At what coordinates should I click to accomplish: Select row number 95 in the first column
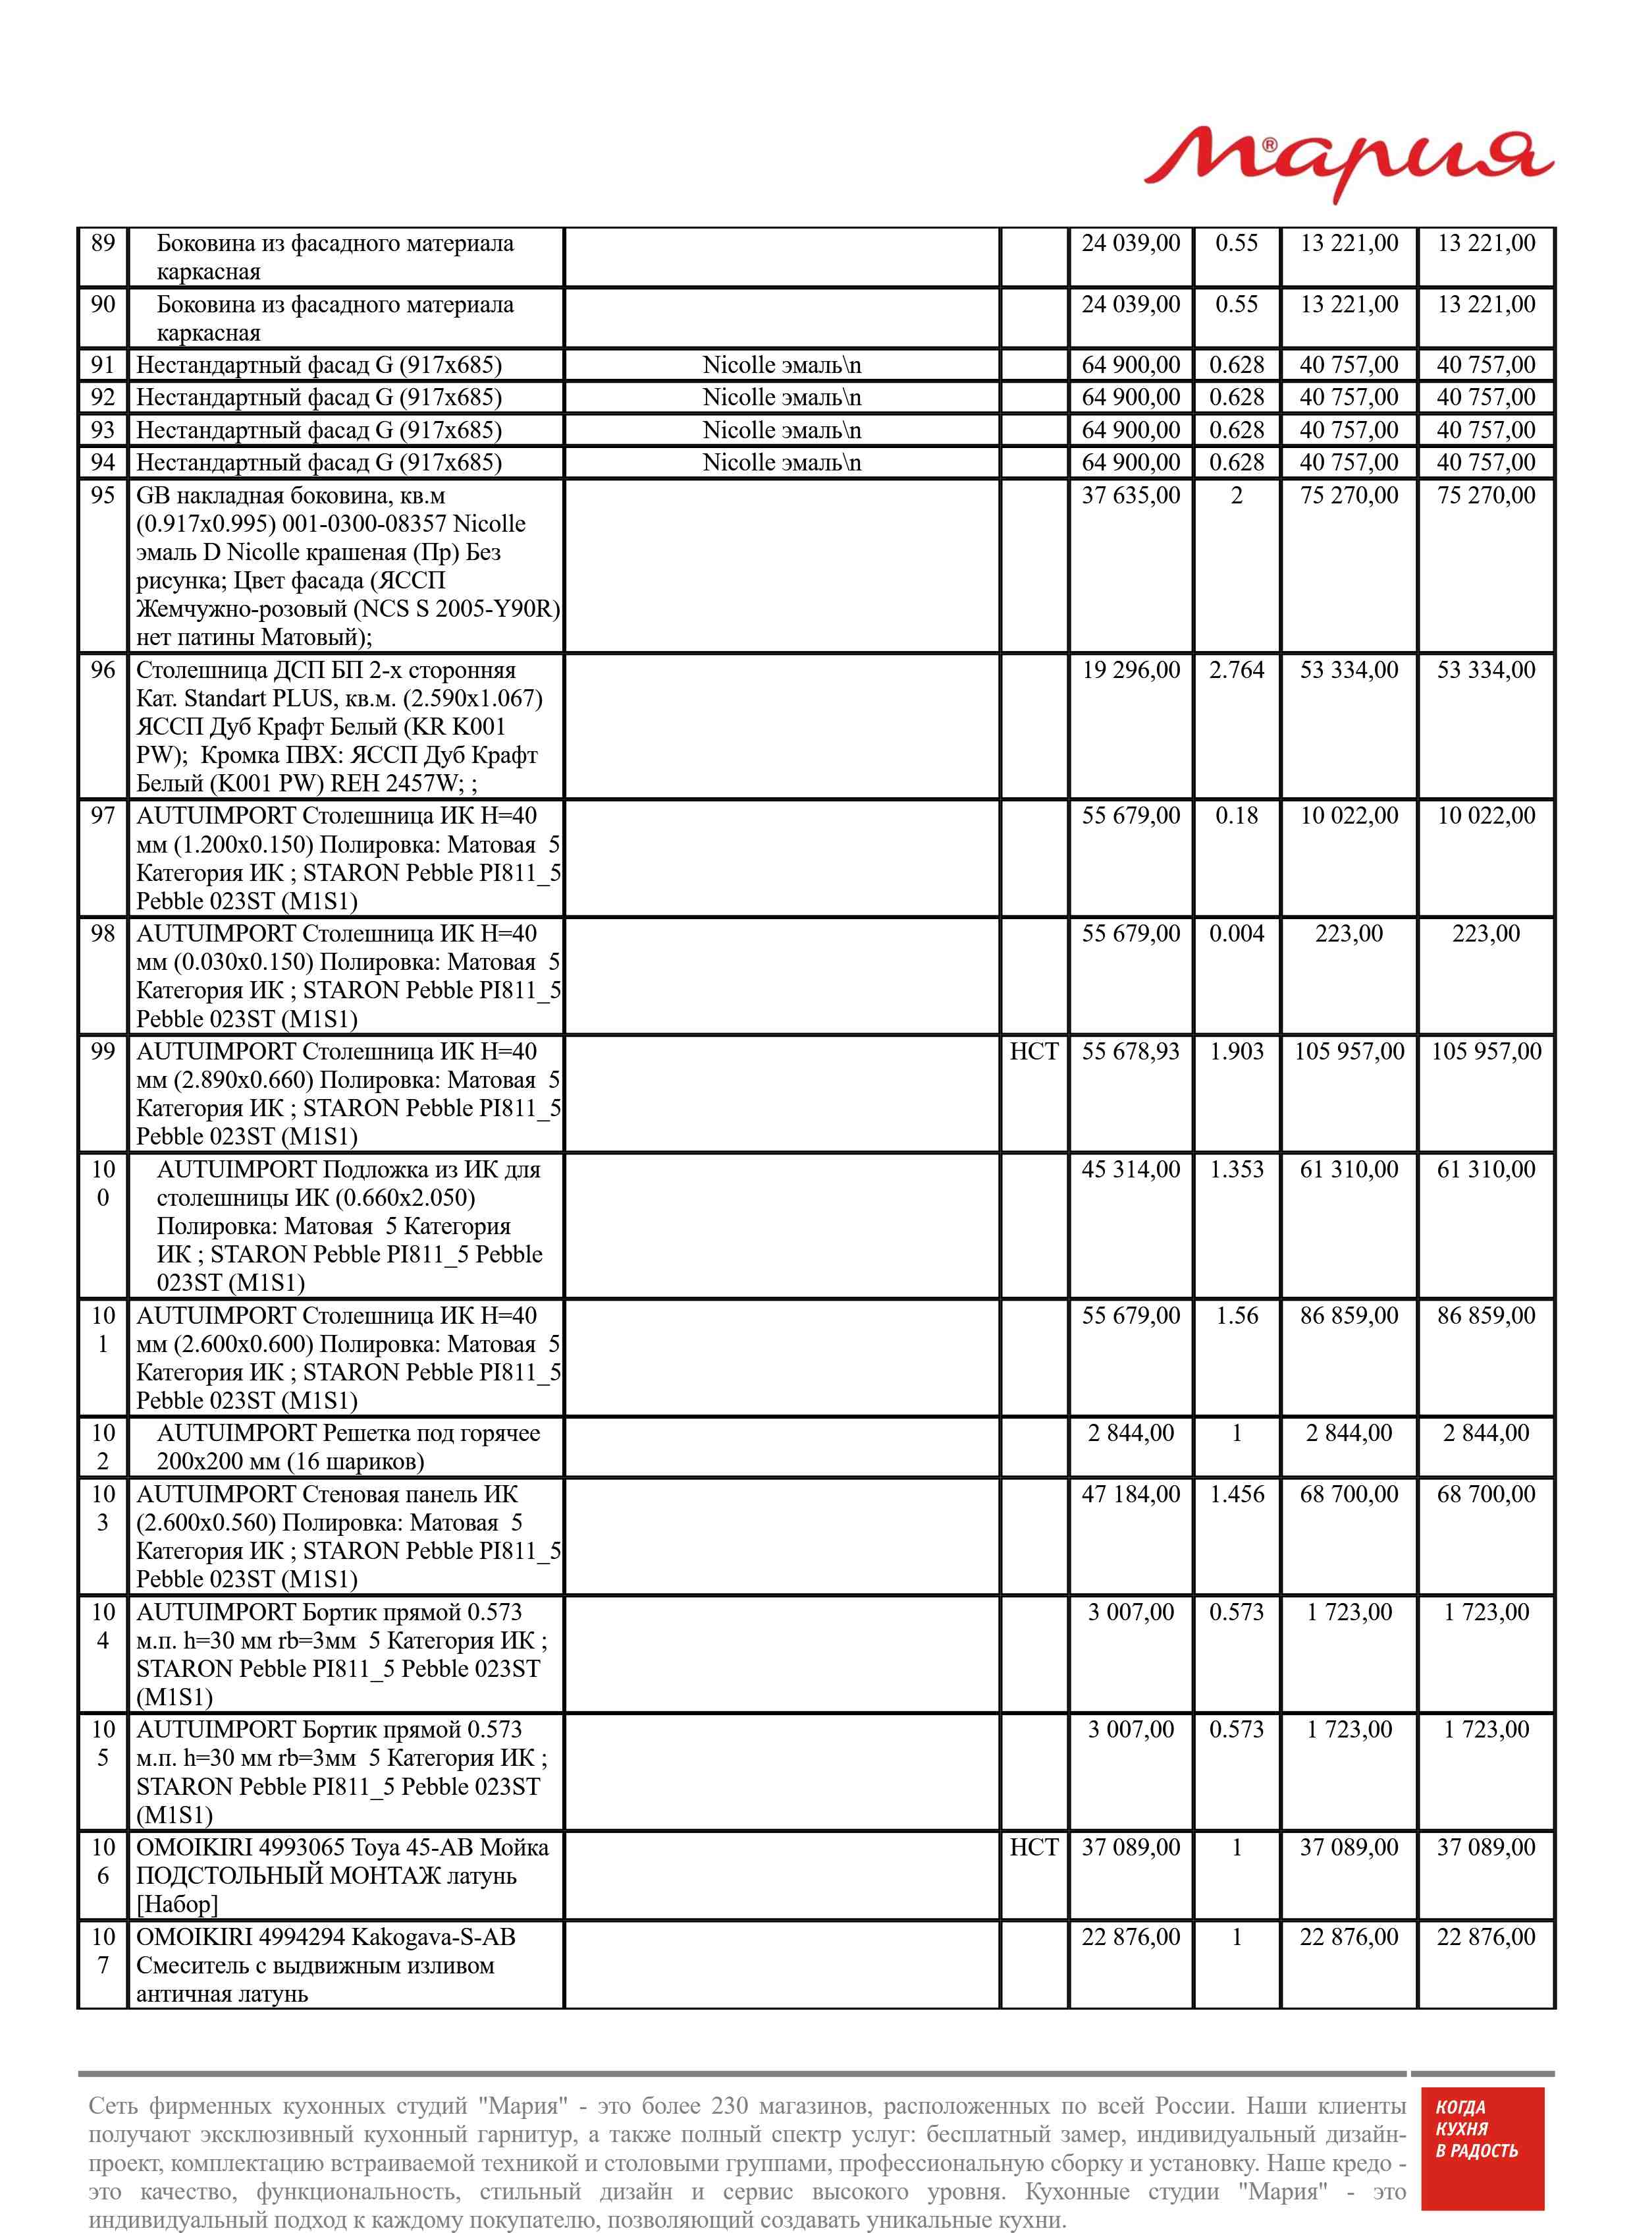tap(103, 495)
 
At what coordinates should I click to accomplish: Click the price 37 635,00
tap(1130, 495)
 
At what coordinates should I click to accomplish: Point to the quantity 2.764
tap(1236, 671)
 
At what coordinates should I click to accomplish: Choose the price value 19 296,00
tap(1130, 671)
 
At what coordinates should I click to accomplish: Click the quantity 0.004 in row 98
tap(1236, 934)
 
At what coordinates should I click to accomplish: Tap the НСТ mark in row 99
tap(1033, 1051)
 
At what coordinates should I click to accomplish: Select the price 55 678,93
tap(1130, 1051)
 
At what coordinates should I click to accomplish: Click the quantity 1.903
tap(1236, 1051)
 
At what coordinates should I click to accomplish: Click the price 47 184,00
tap(1130, 1494)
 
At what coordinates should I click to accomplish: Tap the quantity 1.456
tap(1236, 1494)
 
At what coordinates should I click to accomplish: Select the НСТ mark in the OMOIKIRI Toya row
tap(1033, 1848)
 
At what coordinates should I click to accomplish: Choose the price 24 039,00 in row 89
tap(1130, 243)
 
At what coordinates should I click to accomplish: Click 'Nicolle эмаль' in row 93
tap(781, 430)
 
